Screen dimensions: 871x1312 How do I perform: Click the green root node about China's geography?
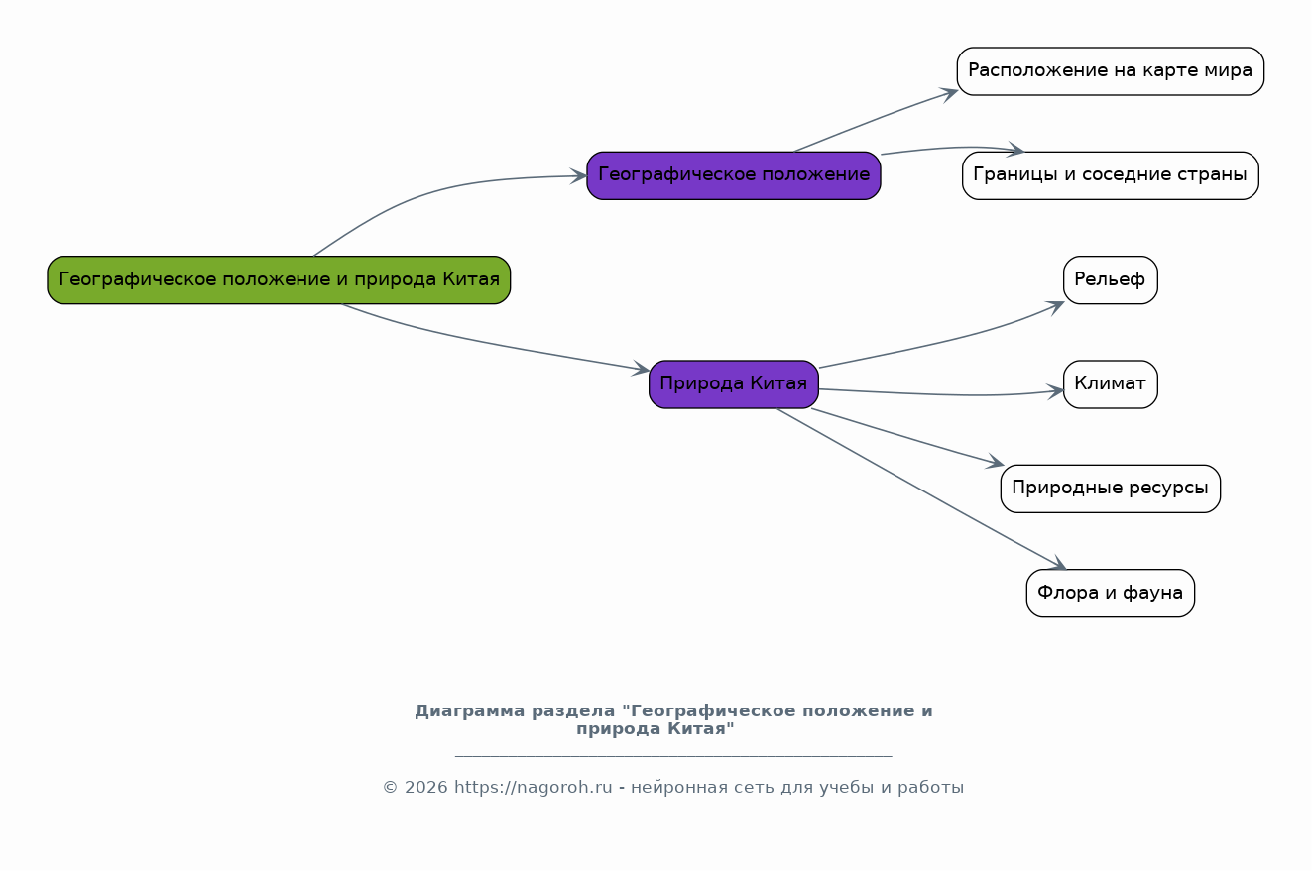pyautogui.click(x=279, y=279)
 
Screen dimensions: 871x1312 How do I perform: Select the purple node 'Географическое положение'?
pyautogui.click(x=733, y=175)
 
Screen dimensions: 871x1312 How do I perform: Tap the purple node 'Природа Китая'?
pyautogui.click(x=733, y=383)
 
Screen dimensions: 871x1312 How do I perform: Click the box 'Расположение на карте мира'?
pyautogui.click(x=1110, y=71)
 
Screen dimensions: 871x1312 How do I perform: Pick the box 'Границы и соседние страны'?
pyautogui.click(x=1110, y=175)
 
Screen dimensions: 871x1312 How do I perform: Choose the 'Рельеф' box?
pyautogui.click(x=1110, y=279)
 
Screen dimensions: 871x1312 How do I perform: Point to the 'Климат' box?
pyautogui.click(x=1110, y=383)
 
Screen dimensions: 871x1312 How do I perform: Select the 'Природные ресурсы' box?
pyautogui.click(x=1110, y=489)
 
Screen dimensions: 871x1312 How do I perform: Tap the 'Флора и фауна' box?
pyautogui.click(x=1110, y=593)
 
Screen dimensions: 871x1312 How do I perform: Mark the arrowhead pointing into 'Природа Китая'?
pyautogui.click(x=642, y=371)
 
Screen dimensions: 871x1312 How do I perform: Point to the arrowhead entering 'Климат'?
pyautogui.click(x=1056, y=390)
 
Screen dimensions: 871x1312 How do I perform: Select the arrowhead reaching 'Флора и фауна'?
pyautogui.click(x=1058, y=565)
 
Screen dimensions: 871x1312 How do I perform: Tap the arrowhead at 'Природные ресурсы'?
pyautogui.click(x=997, y=463)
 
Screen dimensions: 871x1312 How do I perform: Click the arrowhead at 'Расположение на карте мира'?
pyautogui.click(x=950, y=92)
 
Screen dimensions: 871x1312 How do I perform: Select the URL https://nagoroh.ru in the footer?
pyautogui.click(x=534, y=788)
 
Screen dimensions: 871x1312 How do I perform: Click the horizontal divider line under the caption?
pyautogui.click(x=673, y=756)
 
